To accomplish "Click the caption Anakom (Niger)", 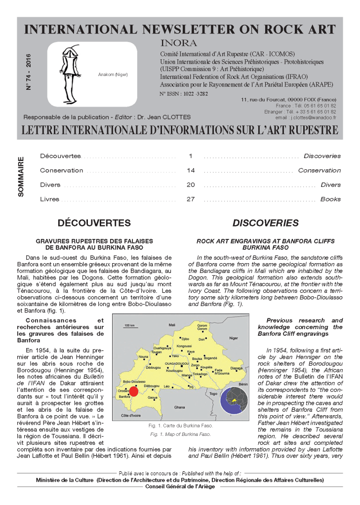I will coord(113,75).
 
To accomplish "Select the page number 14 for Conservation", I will coord(191,170).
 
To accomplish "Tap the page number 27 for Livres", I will coord(191,199).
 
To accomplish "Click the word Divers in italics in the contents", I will coord(330,185).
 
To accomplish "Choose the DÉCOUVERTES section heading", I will coord(94,223).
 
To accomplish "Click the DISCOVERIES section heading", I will coord(265,223).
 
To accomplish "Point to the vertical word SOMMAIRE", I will coord(21,178).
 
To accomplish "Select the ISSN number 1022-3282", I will coord(177,93).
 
